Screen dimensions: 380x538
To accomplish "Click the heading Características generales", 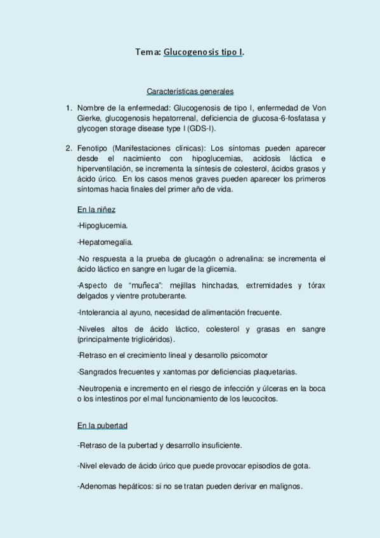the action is [x=190, y=91].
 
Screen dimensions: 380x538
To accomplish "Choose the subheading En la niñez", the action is [x=96, y=209].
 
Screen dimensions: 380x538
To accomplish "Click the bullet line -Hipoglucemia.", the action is [x=102, y=225].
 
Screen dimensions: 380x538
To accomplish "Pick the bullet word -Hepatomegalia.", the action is [x=105, y=242].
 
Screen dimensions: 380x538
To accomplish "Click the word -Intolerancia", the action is [x=101, y=312].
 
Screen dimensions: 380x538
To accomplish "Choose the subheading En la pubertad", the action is [x=104, y=426].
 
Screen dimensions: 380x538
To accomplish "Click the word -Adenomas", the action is [x=98, y=487].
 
